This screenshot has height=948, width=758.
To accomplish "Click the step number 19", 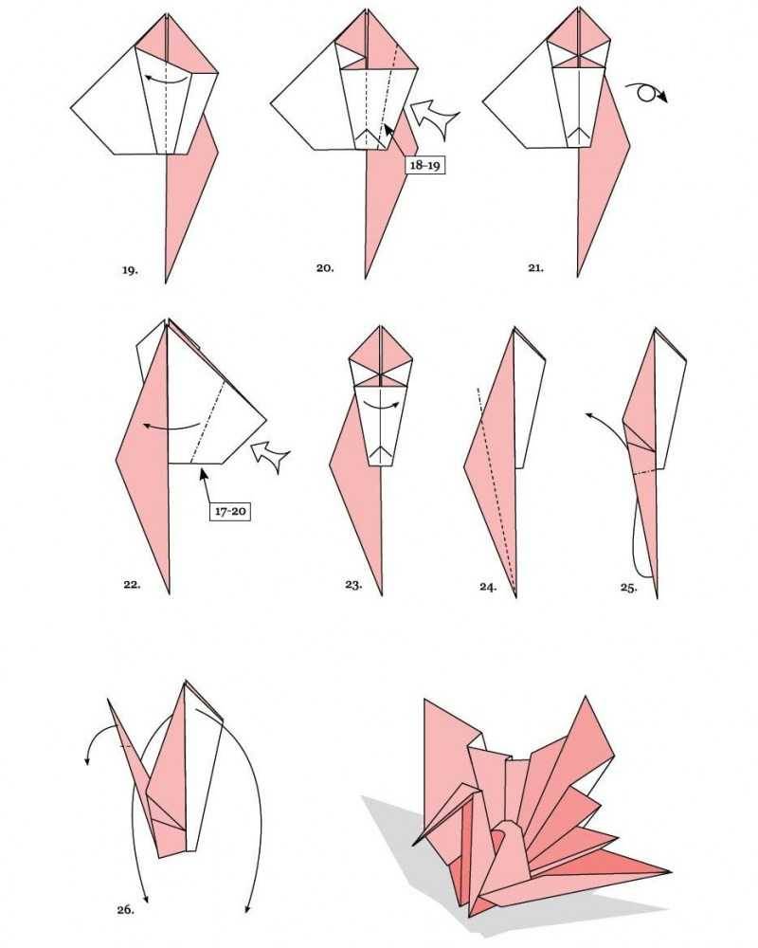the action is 130,270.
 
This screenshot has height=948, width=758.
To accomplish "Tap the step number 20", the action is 325,268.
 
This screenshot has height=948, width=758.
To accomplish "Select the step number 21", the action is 535,268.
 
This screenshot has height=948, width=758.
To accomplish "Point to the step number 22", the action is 132,585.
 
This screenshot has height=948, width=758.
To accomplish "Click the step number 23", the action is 353,585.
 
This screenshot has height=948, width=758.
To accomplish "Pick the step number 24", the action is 488,587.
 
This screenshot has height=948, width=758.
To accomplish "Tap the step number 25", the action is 628,587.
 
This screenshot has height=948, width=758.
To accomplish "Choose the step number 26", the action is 126,909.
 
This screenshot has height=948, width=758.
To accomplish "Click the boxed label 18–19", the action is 424,165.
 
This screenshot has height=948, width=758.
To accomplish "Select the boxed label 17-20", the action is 229,512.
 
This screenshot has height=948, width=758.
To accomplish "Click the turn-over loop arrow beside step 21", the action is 647,92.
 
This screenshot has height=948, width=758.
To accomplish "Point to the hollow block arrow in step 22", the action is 270,457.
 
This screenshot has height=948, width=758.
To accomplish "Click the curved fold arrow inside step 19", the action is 165,80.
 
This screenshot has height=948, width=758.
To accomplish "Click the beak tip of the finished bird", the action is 414,844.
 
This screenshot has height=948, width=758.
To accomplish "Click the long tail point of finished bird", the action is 670,871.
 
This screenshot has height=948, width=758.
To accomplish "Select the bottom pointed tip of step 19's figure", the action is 166,282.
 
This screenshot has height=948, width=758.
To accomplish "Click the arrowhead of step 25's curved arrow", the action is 588,414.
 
